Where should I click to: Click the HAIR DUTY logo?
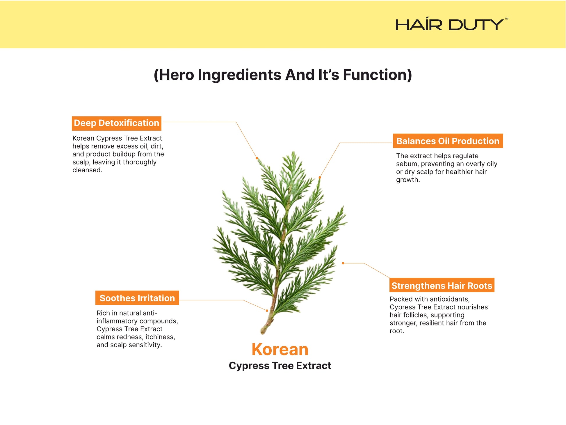[x=449, y=24]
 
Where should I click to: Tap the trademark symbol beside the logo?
[x=506, y=19]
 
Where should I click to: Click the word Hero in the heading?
[x=177, y=75]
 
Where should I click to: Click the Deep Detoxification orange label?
[x=117, y=123]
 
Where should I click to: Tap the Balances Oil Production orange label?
[x=448, y=141]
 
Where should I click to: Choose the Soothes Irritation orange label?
[x=137, y=298]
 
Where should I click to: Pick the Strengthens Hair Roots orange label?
[x=442, y=285]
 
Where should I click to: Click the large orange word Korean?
[x=280, y=349]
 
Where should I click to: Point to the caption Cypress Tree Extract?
[x=280, y=366]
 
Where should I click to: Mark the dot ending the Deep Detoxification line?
[x=257, y=158]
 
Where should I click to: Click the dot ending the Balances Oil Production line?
[x=320, y=177]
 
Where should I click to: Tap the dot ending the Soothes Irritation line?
[x=267, y=311]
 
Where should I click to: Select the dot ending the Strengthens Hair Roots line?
[x=343, y=263]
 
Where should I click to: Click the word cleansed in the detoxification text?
[x=87, y=170]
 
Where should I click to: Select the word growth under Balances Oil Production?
[x=408, y=180]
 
